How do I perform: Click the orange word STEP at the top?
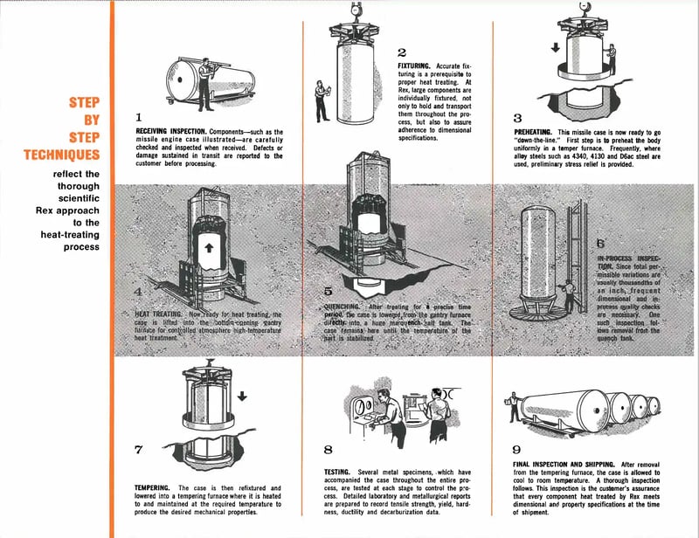point(85,103)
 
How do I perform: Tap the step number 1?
point(139,114)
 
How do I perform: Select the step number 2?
point(402,52)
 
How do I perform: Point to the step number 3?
point(518,117)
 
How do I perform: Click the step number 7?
point(139,450)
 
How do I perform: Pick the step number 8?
point(328,450)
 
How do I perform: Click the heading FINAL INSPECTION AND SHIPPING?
point(566,464)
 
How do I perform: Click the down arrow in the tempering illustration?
point(242,396)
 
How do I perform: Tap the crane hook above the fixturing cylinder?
point(356,9)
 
